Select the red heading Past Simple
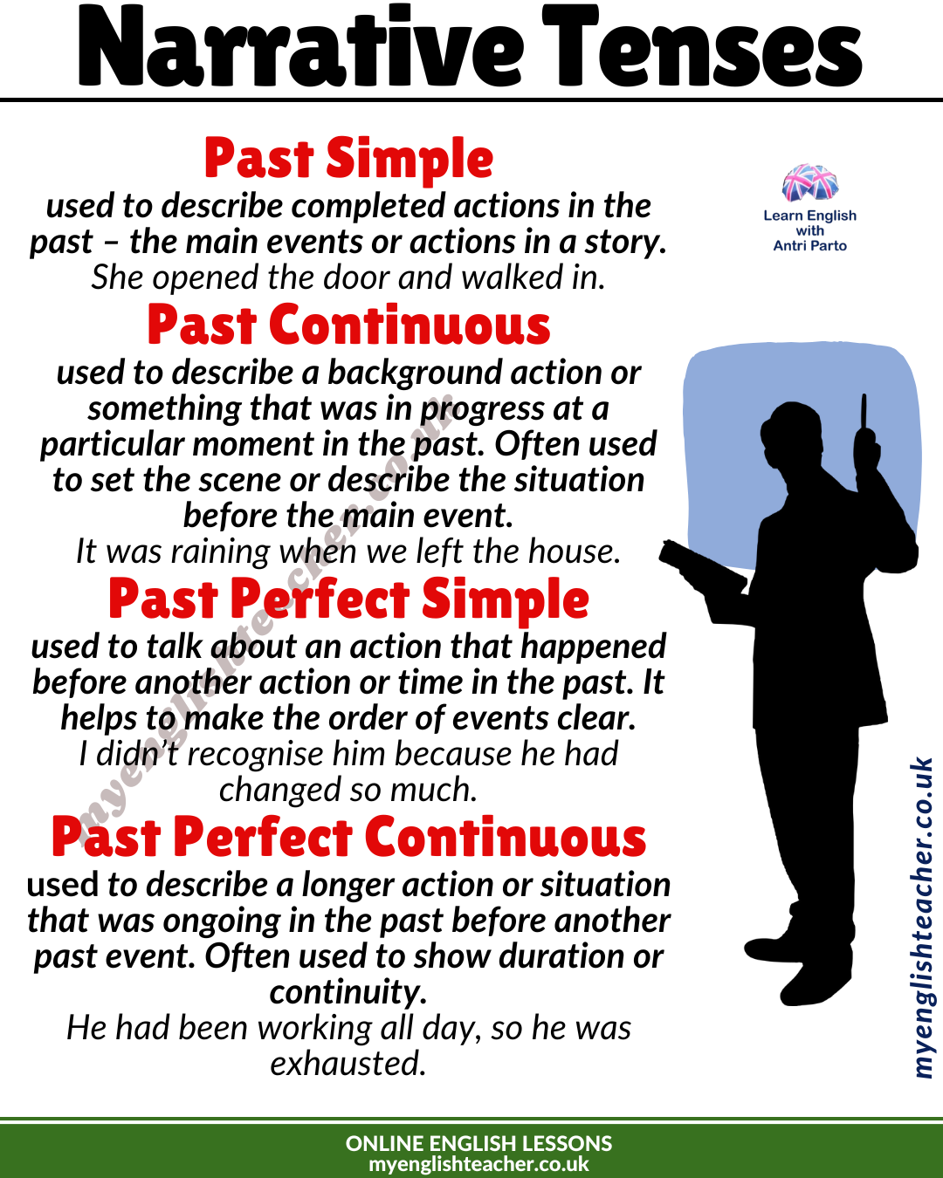(x=348, y=160)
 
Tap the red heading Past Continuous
(x=348, y=325)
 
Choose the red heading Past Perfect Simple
(x=348, y=600)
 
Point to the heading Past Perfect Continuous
(x=348, y=838)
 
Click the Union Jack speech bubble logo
(x=809, y=183)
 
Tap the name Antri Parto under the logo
(x=809, y=246)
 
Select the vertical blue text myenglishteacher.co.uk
(x=922, y=916)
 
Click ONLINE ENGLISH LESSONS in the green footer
(x=478, y=1143)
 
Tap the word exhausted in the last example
(x=348, y=1064)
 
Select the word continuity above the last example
(x=348, y=992)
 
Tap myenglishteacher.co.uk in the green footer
(x=478, y=1164)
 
